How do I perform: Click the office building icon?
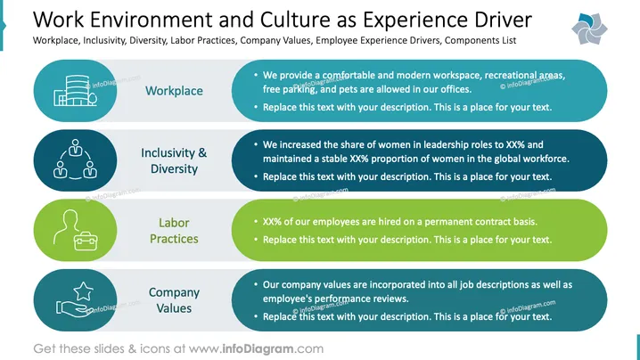tap(76, 91)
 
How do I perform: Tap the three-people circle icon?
tap(75, 160)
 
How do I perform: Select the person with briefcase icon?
tap(75, 230)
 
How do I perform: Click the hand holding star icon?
tap(75, 299)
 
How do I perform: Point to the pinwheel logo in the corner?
tap(589, 29)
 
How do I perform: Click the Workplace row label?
tap(174, 91)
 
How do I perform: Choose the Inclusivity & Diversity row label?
tap(174, 160)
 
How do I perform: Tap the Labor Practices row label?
tap(174, 230)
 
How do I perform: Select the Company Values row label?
tap(174, 300)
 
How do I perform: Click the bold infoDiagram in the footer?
tap(258, 349)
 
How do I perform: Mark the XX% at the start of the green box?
tap(272, 222)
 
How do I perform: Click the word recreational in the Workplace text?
tap(510, 75)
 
